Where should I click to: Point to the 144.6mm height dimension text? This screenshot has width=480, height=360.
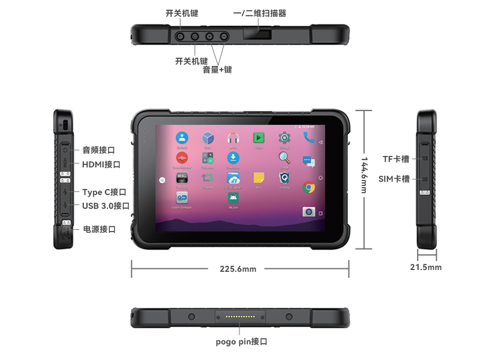[364, 175]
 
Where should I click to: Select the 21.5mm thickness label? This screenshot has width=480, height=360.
[426, 267]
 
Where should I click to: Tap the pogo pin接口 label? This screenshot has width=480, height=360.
[241, 341]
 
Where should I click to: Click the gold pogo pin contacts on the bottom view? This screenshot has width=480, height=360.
[240, 316]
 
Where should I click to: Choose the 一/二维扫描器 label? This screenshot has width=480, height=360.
[260, 13]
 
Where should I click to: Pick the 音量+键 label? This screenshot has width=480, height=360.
[217, 70]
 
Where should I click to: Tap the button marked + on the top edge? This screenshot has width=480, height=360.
[224, 37]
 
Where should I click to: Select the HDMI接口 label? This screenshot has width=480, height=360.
[101, 164]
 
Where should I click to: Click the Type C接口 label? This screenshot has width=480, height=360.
[104, 192]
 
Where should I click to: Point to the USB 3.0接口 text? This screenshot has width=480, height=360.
[106, 206]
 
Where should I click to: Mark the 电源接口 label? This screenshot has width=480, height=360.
[99, 229]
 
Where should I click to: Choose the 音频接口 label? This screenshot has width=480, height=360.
[98, 150]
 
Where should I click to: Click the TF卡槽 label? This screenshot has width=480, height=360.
[396, 159]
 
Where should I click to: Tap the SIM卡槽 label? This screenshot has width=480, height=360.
[394, 179]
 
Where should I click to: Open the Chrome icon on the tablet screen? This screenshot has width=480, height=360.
[309, 187]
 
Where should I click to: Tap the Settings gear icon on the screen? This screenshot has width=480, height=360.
[284, 138]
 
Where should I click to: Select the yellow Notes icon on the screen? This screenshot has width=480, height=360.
[259, 178]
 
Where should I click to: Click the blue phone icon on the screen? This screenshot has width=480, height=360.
[309, 138]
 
